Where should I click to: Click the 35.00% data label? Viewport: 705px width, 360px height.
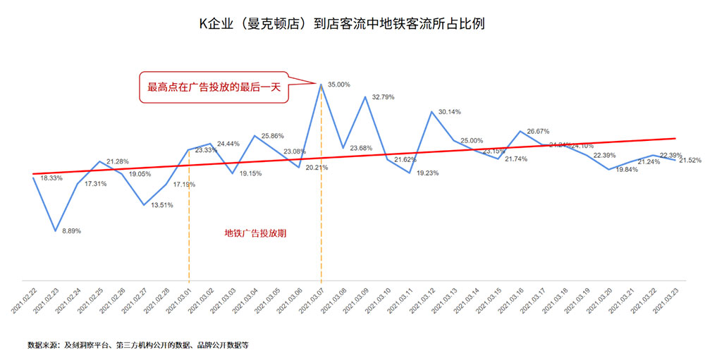[x=339, y=85]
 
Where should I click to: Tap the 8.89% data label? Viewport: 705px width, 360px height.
[x=70, y=231]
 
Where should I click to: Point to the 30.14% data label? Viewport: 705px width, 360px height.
[x=449, y=112]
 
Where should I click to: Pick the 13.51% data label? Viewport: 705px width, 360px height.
[x=163, y=206]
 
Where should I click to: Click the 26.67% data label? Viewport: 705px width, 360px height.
[x=537, y=132]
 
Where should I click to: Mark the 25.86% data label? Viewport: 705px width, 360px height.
[x=273, y=136]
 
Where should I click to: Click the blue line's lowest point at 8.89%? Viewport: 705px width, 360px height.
[x=56, y=230]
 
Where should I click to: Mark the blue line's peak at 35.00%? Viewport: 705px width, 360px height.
[x=321, y=85]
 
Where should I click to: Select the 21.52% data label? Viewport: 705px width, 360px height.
[x=690, y=161]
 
